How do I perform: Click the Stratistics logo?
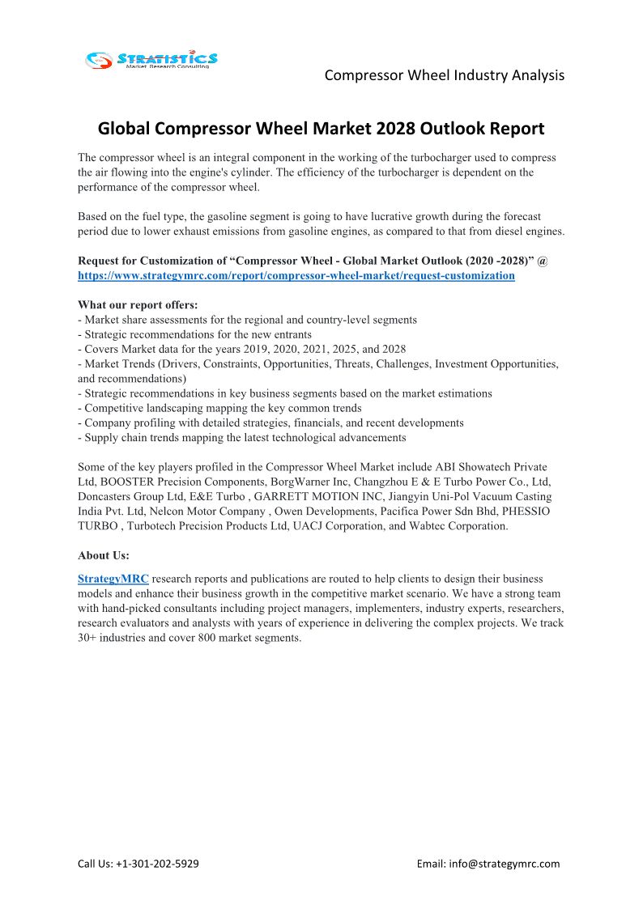pyautogui.click(x=151, y=59)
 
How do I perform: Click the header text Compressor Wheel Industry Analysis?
pyautogui.click(x=444, y=75)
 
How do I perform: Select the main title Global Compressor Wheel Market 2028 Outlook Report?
pyautogui.click(x=321, y=129)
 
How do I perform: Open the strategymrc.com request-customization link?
pyautogui.click(x=296, y=275)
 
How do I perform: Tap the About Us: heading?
pyautogui.click(x=104, y=555)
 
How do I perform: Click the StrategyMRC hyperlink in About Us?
pyautogui.click(x=113, y=580)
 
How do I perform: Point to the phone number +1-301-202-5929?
pyautogui.click(x=158, y=864)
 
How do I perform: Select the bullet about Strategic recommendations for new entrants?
pyautogui.click(x=194, y=334)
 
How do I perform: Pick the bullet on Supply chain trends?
pyautogui.click(x=241, y=437)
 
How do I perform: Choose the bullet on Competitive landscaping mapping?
pyautogui.click(x=219, y=408)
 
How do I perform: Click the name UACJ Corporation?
pyautogui.click(x=343, y=526)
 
